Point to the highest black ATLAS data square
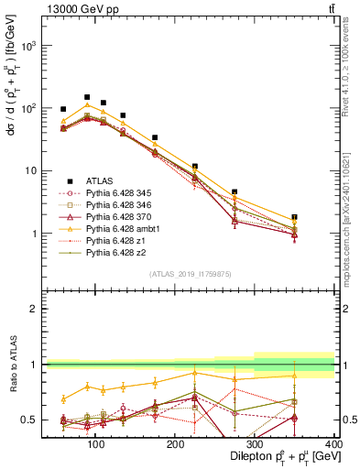pos(87,97)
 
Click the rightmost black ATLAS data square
pos(320,217)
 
